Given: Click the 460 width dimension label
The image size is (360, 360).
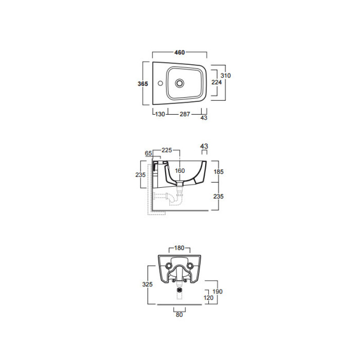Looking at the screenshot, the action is coord(180,53).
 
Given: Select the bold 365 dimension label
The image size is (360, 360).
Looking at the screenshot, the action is coord(143,84).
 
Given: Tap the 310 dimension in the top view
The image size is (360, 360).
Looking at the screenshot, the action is coord(226,76).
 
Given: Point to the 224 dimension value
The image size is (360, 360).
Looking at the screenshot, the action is coord(216,82).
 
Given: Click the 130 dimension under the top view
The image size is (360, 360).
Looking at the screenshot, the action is coord(160,114).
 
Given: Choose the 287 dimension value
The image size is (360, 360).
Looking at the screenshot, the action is coord(185,114).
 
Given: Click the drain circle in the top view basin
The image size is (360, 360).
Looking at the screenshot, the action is coord(180,83).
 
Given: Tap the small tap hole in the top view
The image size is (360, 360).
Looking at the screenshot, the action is coord(160,83).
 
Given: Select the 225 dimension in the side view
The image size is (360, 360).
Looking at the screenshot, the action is coord(166,150).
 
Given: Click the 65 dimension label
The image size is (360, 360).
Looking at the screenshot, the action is coord(148,153).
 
